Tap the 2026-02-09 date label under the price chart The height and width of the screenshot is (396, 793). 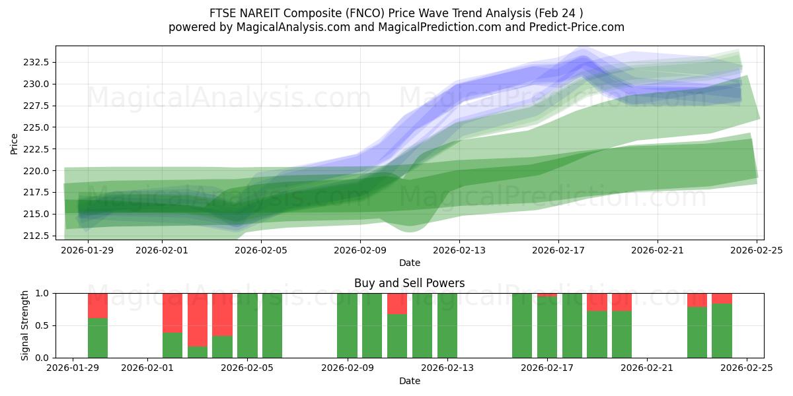(359, 250)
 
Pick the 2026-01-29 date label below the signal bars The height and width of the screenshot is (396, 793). (73, 368)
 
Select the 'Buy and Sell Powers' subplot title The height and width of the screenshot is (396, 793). (409, 283)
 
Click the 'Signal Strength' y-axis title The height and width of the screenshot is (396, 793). (25, 325)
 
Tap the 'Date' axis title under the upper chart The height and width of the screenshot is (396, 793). (409, 263)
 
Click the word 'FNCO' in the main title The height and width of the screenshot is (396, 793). (365, 13)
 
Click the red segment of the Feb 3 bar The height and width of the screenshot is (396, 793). (198, 319)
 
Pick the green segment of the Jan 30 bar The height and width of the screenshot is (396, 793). (98, 338)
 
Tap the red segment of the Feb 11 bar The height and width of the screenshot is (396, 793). (397, 304)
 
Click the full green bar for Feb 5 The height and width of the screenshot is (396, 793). (247, 325)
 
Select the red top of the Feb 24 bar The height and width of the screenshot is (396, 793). (722, 298)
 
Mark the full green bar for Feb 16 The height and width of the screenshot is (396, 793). (522, 325)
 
